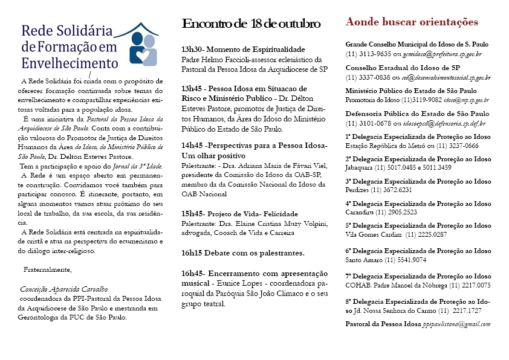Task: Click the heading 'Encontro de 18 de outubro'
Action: pyautogui.click(x=251, y=24)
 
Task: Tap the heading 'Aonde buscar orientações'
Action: pyautogui.click(x=412, y=22)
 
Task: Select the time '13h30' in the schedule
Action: pyautogui.click(x=193, y=50)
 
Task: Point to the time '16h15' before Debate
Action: pyautogui.click(x=193, y=252)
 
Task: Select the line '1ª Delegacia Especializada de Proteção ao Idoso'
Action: pyautogui.click(x=418, y=137)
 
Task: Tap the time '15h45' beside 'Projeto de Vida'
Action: pyautogui.click(x=193, y=214)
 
